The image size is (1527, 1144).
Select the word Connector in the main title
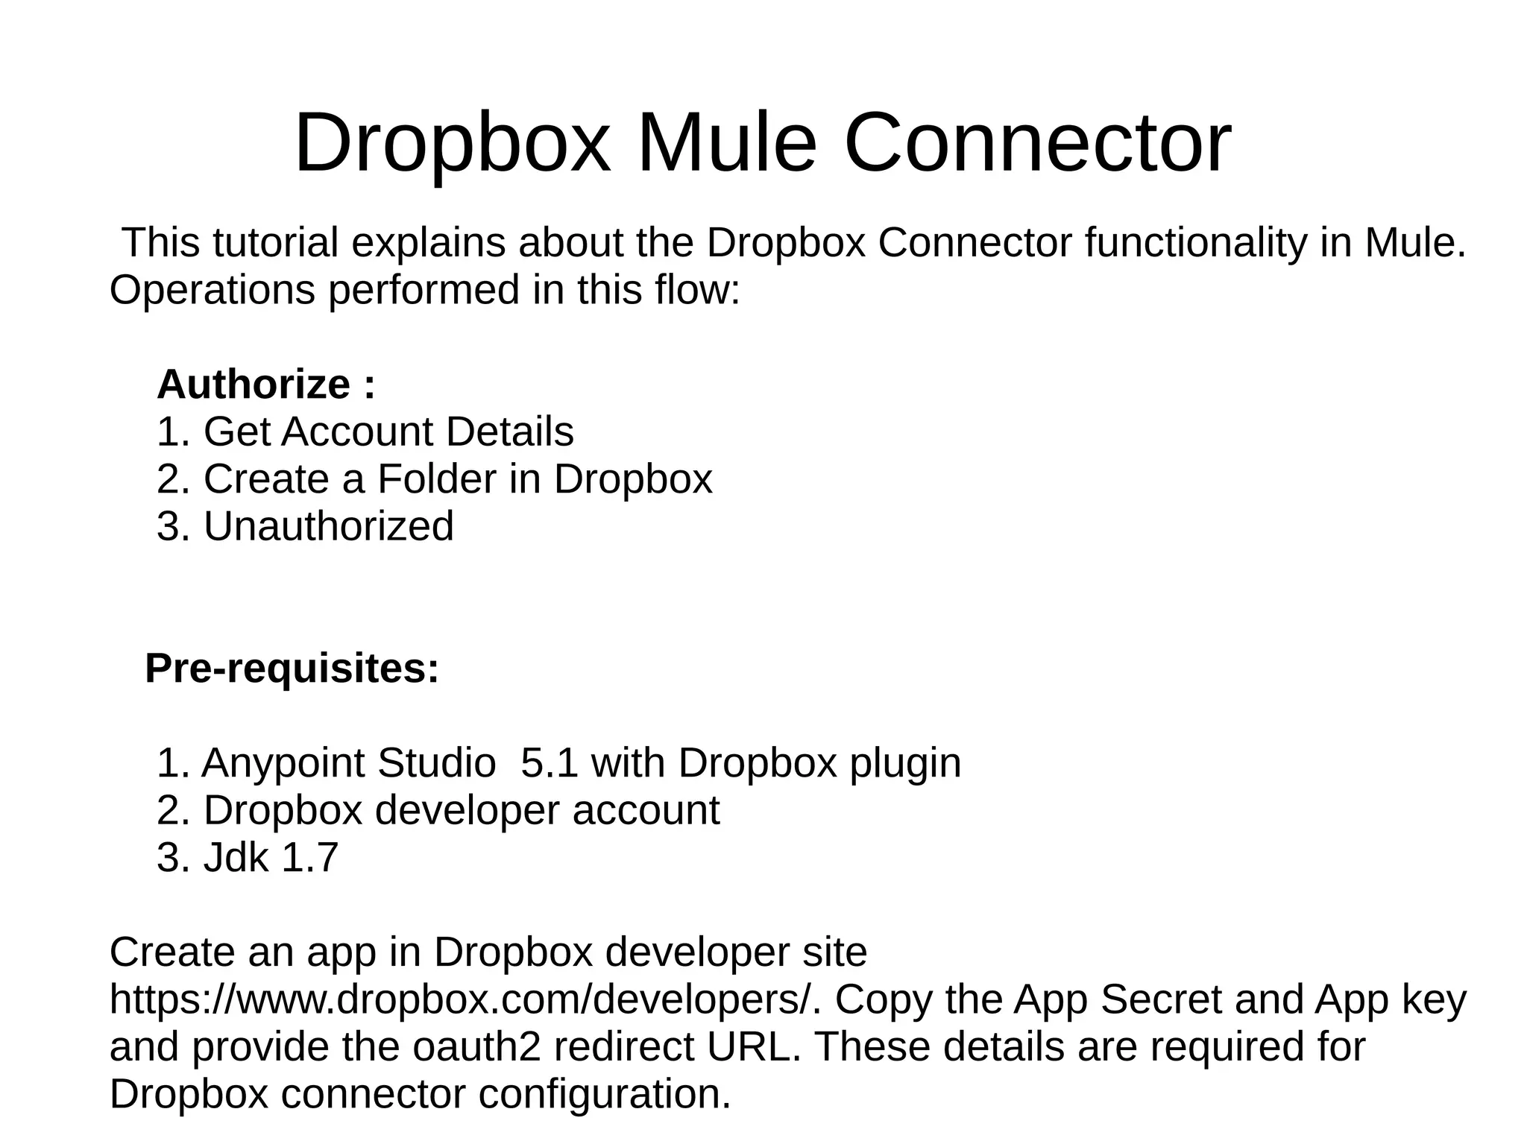click(x=1037, y=142)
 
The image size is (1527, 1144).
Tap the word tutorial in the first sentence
click(x=275, y=242)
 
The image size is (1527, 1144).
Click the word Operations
click(x=212, y=289)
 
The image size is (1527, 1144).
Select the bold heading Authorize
click(x=254, y=385)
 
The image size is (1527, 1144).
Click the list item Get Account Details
click(x=388, y=432)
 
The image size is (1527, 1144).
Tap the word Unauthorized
click(x=328, y=526)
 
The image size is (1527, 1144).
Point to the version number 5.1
click(x=549, y=763)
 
